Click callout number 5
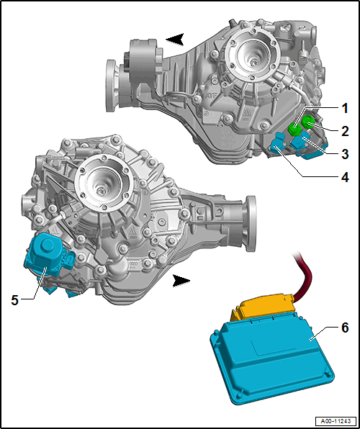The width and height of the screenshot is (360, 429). click(x=15, y=300)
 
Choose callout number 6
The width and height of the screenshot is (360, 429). click(x=345, y=328)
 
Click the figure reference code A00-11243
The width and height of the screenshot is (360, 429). click(x=336, y=421)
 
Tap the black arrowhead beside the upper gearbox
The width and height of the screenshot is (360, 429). click(x=175, y=39)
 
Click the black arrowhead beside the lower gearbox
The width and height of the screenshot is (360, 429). click(x=181, y=281)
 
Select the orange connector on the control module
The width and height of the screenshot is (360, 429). click(x=263, y=307)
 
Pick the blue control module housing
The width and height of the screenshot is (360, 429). click(x=272, y=360)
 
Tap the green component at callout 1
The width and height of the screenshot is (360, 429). click(x=295, y=129)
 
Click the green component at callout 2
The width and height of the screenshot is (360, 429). click(x=308, y=122)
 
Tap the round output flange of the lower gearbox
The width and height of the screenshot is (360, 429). click(x=251, y=224)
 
